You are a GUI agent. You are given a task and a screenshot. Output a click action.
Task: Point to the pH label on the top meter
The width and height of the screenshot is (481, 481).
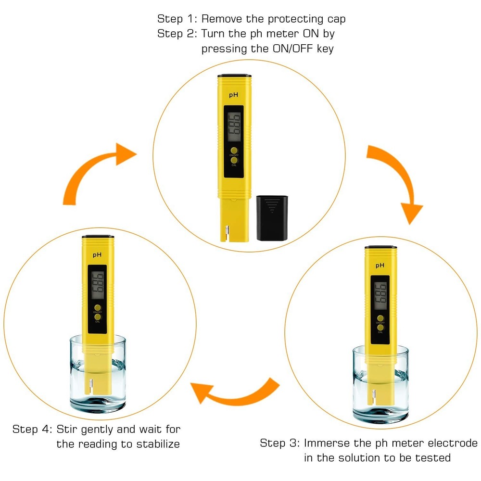tap(234, 95)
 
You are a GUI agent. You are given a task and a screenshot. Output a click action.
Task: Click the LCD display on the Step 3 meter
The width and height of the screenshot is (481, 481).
tap(380, 295)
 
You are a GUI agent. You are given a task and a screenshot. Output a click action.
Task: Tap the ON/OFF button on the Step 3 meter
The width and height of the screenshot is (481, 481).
tap(380, 317)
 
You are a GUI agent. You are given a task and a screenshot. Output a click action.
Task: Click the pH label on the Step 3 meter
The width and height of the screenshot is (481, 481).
tap(380, 265)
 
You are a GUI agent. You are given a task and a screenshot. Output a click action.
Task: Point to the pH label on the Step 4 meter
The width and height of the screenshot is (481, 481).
tap(98, 255)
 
